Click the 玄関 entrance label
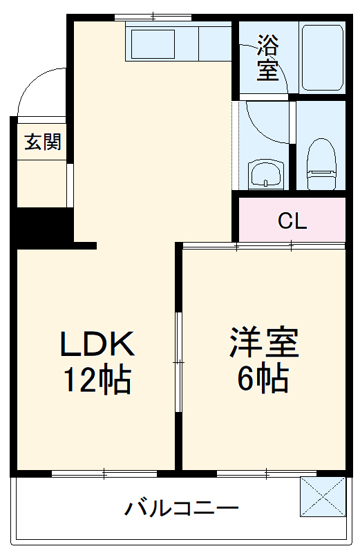coord(43,142)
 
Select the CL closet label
coord(292,222)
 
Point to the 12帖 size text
coord(97,379)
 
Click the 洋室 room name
coord(264,344)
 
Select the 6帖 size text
coord(264,379)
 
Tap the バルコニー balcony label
coord(182,510)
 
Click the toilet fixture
coord(320,163)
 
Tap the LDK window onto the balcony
coord(104,474)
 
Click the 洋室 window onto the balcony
coord(266,474)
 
